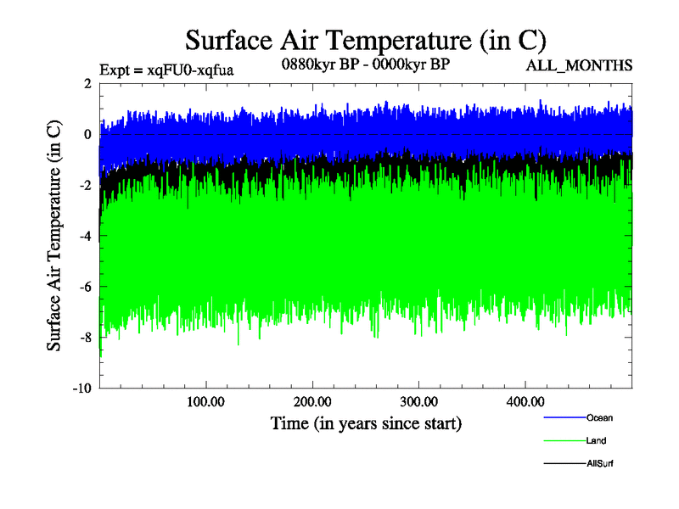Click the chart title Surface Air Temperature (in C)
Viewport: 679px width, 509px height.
click(365, 41)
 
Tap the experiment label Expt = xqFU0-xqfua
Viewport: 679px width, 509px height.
click(166, 70)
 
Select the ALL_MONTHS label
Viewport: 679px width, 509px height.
click(579, 65)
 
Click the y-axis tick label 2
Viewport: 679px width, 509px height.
click(87, 84)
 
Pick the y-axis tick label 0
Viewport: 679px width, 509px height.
click(87, 135)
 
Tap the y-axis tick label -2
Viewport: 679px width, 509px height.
click(85, 186)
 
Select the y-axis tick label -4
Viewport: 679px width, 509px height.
click(85, 237)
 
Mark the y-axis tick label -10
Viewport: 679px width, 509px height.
click(81, 389)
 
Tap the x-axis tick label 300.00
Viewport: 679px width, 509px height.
click(418, 401)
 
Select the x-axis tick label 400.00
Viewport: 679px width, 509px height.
click(525, 401)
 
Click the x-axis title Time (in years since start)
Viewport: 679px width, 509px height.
click(366, 422)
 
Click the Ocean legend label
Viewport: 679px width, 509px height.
click(599, 417)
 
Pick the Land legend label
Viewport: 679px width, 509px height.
click(596, 441)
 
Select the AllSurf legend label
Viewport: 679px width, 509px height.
click(599, 464)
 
